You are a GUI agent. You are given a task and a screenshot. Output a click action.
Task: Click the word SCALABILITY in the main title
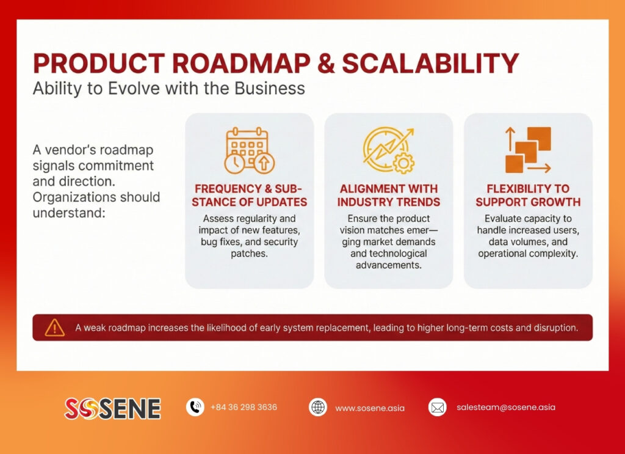tap(430, 64)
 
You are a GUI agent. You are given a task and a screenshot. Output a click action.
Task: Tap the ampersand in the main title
tap(326, 64)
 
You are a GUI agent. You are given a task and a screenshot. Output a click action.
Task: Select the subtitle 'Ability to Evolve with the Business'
tap(168, 89)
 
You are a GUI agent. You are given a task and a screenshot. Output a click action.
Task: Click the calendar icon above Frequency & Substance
tap(249, 150)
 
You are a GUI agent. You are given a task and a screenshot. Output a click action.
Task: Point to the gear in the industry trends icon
tap(404, 163)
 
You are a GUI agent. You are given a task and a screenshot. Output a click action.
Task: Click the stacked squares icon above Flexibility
tap(528, 150)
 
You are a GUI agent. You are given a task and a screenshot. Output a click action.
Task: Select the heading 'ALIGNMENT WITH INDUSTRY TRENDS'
tap(389, 196)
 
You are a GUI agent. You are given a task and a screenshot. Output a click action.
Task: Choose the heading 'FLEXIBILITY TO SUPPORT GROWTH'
tap(528, 196)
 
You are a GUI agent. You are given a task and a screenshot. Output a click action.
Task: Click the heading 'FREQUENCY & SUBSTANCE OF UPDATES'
tap(249, 196)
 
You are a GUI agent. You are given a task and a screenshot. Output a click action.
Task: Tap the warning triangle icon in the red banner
tap(54, 328)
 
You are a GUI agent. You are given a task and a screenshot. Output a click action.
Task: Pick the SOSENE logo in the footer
tap(113, 409)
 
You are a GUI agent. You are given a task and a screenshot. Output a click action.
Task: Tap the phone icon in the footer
tap(195, 408)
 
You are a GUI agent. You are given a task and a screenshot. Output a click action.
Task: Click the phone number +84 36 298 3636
tap(244, 408)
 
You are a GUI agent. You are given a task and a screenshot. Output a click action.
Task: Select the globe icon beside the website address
tap(317, 408)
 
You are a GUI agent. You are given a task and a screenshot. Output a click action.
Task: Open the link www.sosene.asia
tap(370, 408)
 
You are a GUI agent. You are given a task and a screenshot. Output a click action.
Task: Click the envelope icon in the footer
tap(437, 408)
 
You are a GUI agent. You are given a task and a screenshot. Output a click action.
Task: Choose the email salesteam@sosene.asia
tap(506, 408)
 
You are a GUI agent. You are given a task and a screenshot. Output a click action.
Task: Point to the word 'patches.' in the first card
tap(249, 254)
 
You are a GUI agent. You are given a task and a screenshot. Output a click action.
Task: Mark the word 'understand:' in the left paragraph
tap(69, 213)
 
